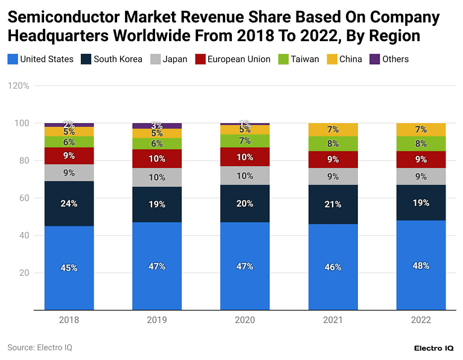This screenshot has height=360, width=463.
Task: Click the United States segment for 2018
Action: [69, 268]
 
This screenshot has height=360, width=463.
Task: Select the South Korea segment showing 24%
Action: [69, 204]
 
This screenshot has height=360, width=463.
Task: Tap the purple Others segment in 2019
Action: [157, 126]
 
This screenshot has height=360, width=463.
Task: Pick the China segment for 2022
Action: [421, 129]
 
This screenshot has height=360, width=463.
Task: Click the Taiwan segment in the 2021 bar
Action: [333, 144]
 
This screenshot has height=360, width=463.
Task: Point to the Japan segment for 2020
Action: [244, 176]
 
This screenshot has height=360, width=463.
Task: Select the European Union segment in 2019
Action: [157, 158]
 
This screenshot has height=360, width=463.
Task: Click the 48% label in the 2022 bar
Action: [421, 265]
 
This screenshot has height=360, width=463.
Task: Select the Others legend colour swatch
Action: [374, 59]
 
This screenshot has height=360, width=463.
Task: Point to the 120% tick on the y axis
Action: [19, 86]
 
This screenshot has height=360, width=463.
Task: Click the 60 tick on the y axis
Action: [24, 198]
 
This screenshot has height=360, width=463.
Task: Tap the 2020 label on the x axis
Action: [244, 320]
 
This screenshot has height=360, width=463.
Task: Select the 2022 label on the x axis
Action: [421, 320]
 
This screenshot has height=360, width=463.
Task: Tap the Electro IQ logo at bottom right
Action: [434, 348]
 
